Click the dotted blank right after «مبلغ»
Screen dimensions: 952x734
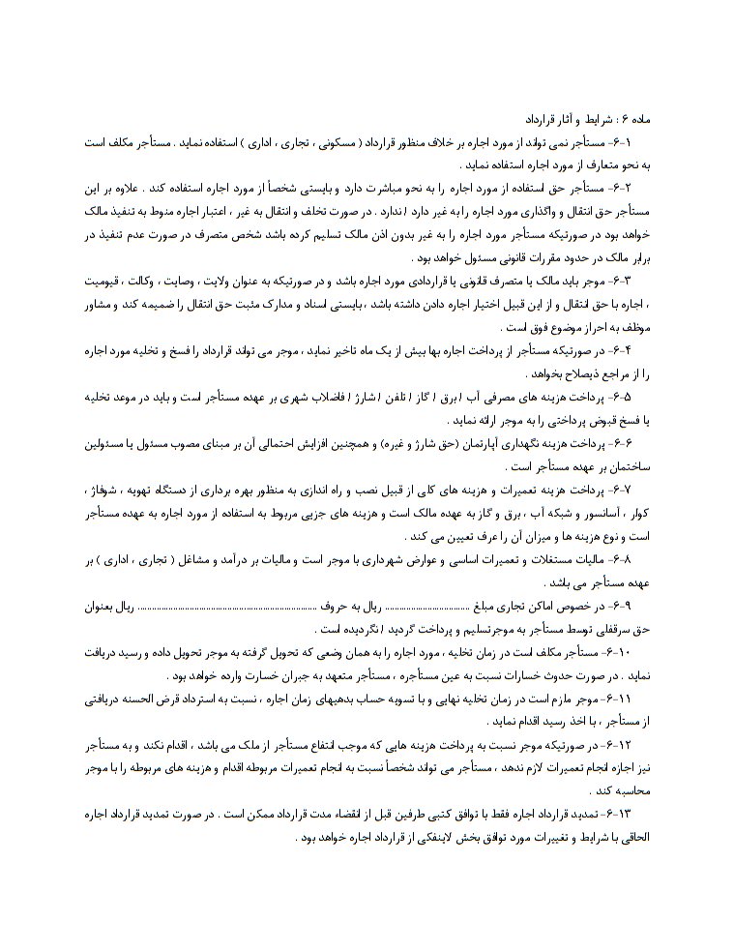[x=428, y=607]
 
